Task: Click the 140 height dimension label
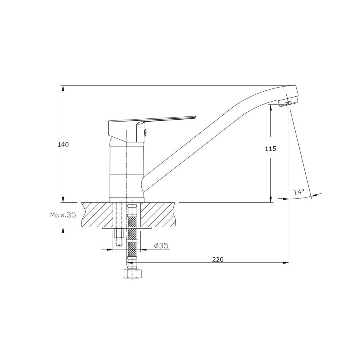(63, 145)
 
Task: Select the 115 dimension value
(271, 149)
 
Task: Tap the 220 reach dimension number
(218, 260)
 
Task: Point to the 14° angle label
(299, 192)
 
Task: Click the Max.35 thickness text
(63, 215)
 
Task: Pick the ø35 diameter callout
(161, 246)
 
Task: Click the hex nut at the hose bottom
(132, 274)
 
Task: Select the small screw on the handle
(145, 132)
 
